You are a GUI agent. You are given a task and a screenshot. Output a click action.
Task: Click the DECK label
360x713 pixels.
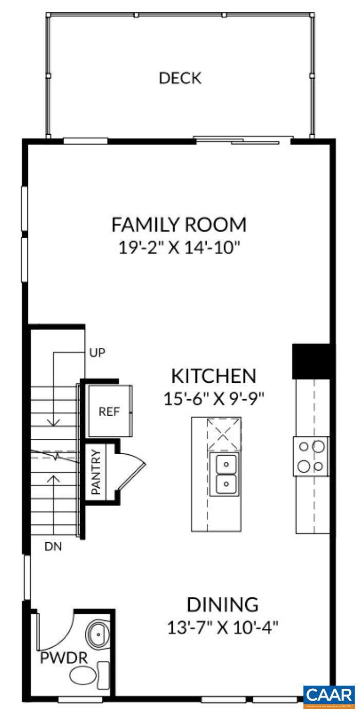pos(180,79)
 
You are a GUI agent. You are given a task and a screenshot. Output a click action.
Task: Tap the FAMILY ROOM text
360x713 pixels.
pos(179,225)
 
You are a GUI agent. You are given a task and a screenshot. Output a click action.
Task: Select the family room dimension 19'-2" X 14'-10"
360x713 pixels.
pos(179,247)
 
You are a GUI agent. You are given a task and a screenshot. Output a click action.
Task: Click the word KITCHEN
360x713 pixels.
pos(213,376)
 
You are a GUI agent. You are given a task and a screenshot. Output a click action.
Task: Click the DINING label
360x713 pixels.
pos(222,604)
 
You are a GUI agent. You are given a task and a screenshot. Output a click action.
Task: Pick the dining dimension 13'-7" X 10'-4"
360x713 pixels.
pos(222,628)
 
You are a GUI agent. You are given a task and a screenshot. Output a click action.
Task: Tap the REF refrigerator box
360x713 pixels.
pos(109,412)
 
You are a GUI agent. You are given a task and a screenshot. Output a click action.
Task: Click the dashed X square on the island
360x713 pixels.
pos(224,434)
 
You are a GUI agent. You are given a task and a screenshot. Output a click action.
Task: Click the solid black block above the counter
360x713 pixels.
pos(310,361)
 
